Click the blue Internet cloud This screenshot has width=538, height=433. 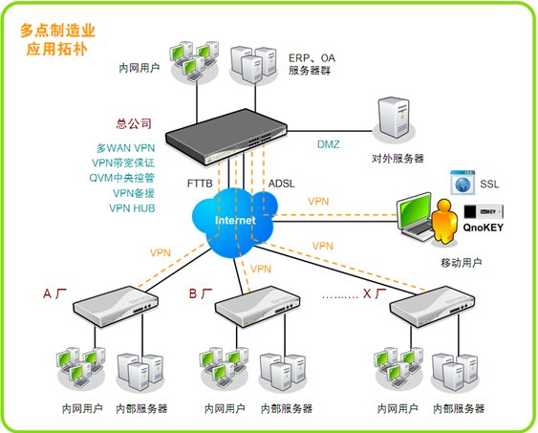coord(235,223)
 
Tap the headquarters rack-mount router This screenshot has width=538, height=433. coord(226,137)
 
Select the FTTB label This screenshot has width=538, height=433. coord(200,184)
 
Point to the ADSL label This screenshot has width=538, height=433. coord(281,184)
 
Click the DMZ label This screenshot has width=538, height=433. coord(329,144)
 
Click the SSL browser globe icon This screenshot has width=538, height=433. coord(463,183)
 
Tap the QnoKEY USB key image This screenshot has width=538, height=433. coord(484,211)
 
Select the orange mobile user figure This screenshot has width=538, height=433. coord(444,222)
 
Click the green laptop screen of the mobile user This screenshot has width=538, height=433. coord(414,209)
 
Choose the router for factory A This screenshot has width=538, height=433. coord(116,305)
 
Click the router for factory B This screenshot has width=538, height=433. coord(258,305)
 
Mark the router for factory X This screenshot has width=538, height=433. coord(433,305)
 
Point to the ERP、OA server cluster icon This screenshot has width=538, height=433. coord(253,64)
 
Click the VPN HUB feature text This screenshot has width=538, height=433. coord(132,208)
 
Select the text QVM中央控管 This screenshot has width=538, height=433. coord(121,178)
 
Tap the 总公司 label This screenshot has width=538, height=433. coord(134,123)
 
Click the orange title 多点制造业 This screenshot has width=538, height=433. coord(57,31)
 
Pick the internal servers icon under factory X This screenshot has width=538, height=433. coord(455,372)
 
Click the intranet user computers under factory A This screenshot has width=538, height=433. coord(81,368)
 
